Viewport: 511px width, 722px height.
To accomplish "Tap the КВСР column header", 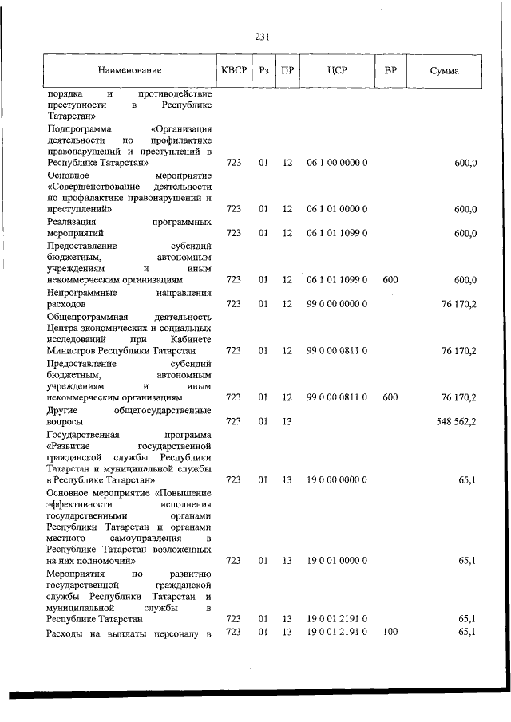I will [233, 71].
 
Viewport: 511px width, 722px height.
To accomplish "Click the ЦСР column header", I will [335, 71].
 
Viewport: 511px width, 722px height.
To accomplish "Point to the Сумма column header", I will [444, 71].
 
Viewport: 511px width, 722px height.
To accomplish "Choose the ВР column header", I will [390, 71].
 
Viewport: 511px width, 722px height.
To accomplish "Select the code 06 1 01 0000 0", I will [336, 209].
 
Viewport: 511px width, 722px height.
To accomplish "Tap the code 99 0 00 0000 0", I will [336, 304].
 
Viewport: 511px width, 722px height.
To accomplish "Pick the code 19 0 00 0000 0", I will [336, 480].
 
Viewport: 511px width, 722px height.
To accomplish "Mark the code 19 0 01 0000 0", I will [336, 561].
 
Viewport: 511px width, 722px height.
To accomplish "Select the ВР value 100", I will [390, 633].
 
